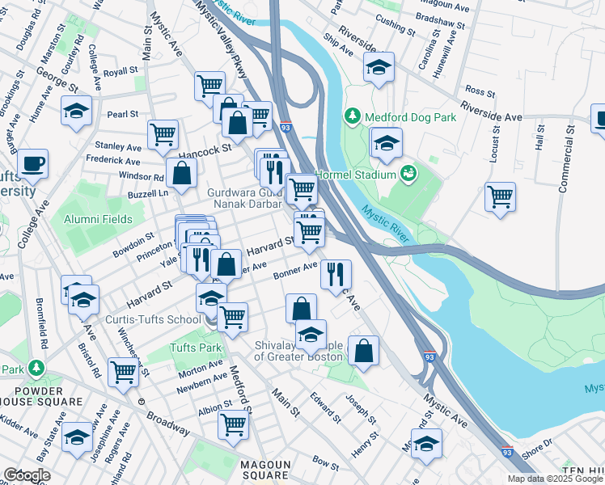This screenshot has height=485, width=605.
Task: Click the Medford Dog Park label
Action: tap(411, 117)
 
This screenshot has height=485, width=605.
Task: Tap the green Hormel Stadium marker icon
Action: tap(409, 174)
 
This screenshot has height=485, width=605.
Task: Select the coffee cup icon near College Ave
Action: tap(32, 164)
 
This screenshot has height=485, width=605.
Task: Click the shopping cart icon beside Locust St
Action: tap(500, 196)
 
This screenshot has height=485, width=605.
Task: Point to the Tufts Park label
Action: tap(195, 348)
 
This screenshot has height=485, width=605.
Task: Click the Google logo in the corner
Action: tap(27, 474)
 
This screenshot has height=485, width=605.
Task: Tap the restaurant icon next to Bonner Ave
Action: tap(336, 273)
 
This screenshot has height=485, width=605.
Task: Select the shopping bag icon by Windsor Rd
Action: tap(182, 172)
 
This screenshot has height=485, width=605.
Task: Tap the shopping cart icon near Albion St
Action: tap(233, 424)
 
